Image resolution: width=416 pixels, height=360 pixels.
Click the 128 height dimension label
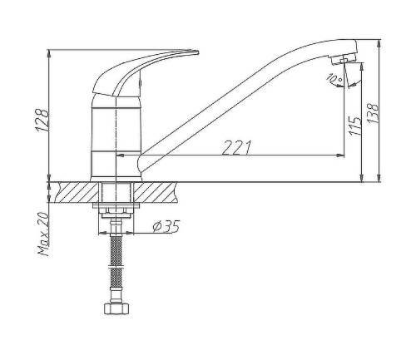click(x=42, y=120)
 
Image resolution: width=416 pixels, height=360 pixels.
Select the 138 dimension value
click(x=373, y=113)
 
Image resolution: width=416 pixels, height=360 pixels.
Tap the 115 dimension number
click(x=355, y=126)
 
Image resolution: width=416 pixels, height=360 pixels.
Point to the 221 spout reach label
click(x=236, y=148)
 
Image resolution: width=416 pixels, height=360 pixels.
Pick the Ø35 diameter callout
click(x=166, y=227)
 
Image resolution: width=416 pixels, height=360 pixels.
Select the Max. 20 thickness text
click(x=43, y=234)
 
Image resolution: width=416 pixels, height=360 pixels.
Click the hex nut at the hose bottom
click(x=116, y=308)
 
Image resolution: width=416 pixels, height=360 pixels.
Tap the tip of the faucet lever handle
click(x=198, y=52)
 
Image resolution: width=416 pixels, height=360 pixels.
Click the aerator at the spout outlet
click(x=344, y=60)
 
